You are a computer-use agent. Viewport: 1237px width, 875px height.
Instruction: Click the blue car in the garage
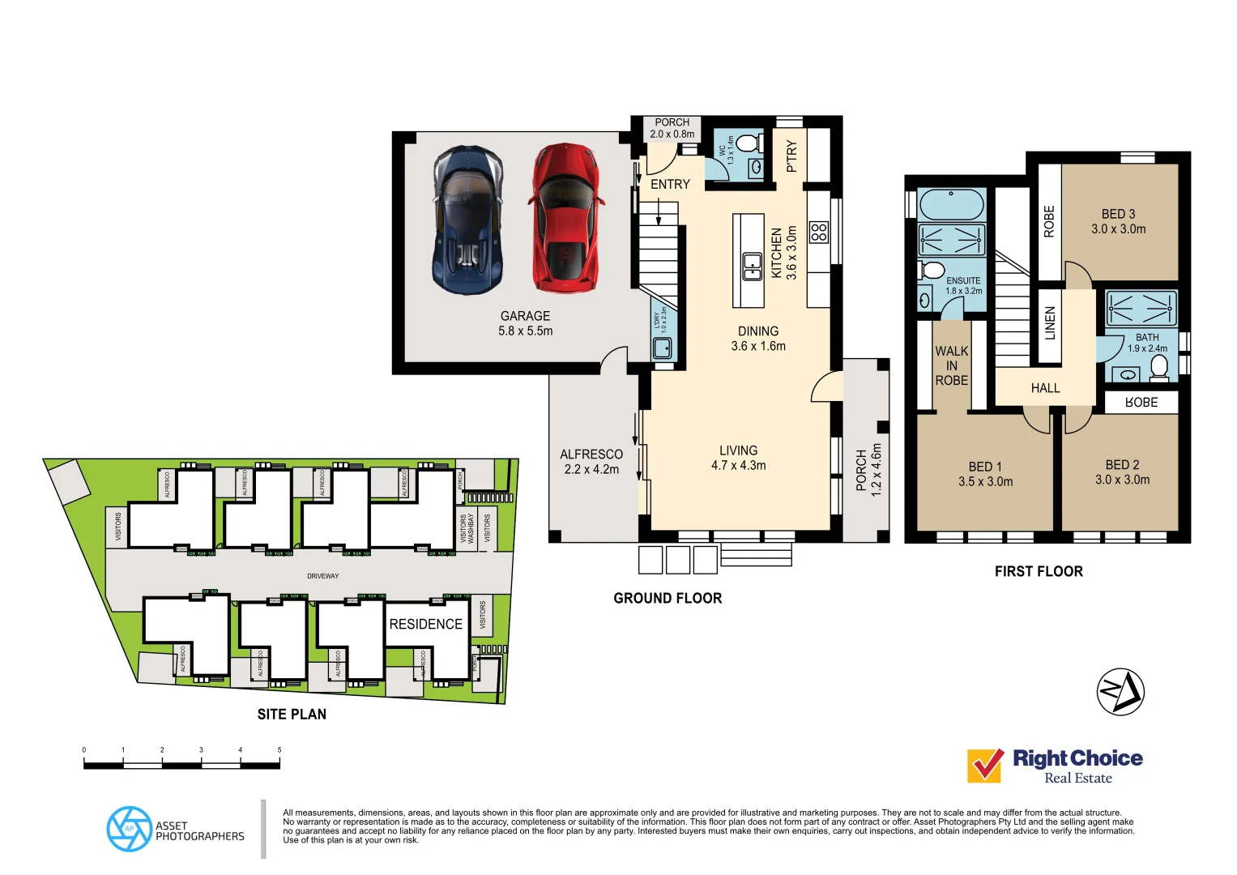(468, 220)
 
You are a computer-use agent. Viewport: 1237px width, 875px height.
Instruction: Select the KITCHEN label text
(777, 253)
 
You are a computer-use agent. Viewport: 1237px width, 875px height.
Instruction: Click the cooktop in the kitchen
(819, 233)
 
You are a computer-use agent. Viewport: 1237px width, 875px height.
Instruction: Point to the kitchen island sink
(753, 266)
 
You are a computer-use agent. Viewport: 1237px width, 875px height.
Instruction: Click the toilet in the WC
(748, 143)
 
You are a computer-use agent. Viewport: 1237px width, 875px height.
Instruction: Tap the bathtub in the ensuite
(951, 204)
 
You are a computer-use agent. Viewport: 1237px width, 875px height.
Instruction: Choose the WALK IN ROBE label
(951, 365)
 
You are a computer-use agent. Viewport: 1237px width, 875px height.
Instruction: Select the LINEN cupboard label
(1050, 322)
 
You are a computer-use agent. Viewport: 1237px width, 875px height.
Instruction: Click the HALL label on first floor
(1045, 388)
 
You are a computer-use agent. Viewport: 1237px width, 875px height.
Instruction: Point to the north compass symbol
(1120, 692)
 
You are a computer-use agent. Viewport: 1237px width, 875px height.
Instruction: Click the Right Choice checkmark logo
(986, 765)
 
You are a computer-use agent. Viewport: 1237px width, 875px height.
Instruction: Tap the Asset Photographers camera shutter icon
(129, 829)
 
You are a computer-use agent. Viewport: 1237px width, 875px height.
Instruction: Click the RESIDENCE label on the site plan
(425, 624)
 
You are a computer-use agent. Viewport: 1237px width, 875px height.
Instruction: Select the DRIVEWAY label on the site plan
(322, 576)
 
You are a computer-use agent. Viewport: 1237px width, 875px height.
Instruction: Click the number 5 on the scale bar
(279, 750)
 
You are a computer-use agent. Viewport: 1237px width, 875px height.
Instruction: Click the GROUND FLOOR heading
(668, 598)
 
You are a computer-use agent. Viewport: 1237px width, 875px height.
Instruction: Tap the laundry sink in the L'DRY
(663, 348)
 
